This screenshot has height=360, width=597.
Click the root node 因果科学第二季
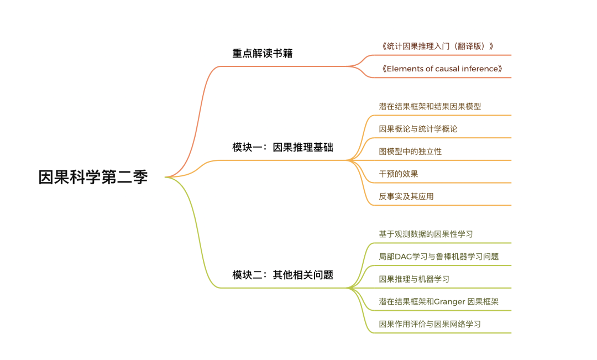(93, 177)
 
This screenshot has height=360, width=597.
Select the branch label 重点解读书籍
(262, 54)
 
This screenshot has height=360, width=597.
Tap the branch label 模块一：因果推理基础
(282, 148)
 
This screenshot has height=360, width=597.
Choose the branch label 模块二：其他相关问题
(282, 275)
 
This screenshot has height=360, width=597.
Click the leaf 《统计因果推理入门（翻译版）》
(437, 46)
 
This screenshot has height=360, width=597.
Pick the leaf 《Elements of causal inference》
(442, 69)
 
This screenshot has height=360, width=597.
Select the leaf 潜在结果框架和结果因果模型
(430, 106)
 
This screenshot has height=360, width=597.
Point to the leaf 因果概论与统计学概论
(418, 129)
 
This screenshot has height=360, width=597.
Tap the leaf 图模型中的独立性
(410, 151)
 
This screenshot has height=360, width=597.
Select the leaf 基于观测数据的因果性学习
(426, 234)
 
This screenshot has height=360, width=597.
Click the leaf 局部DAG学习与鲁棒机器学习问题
(438, 257)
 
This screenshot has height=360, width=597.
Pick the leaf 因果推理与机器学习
(414, 279)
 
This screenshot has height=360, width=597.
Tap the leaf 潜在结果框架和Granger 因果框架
(439, 301)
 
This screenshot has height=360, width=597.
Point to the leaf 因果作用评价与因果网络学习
(430, 324)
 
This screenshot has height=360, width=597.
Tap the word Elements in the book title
(403, 69)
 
